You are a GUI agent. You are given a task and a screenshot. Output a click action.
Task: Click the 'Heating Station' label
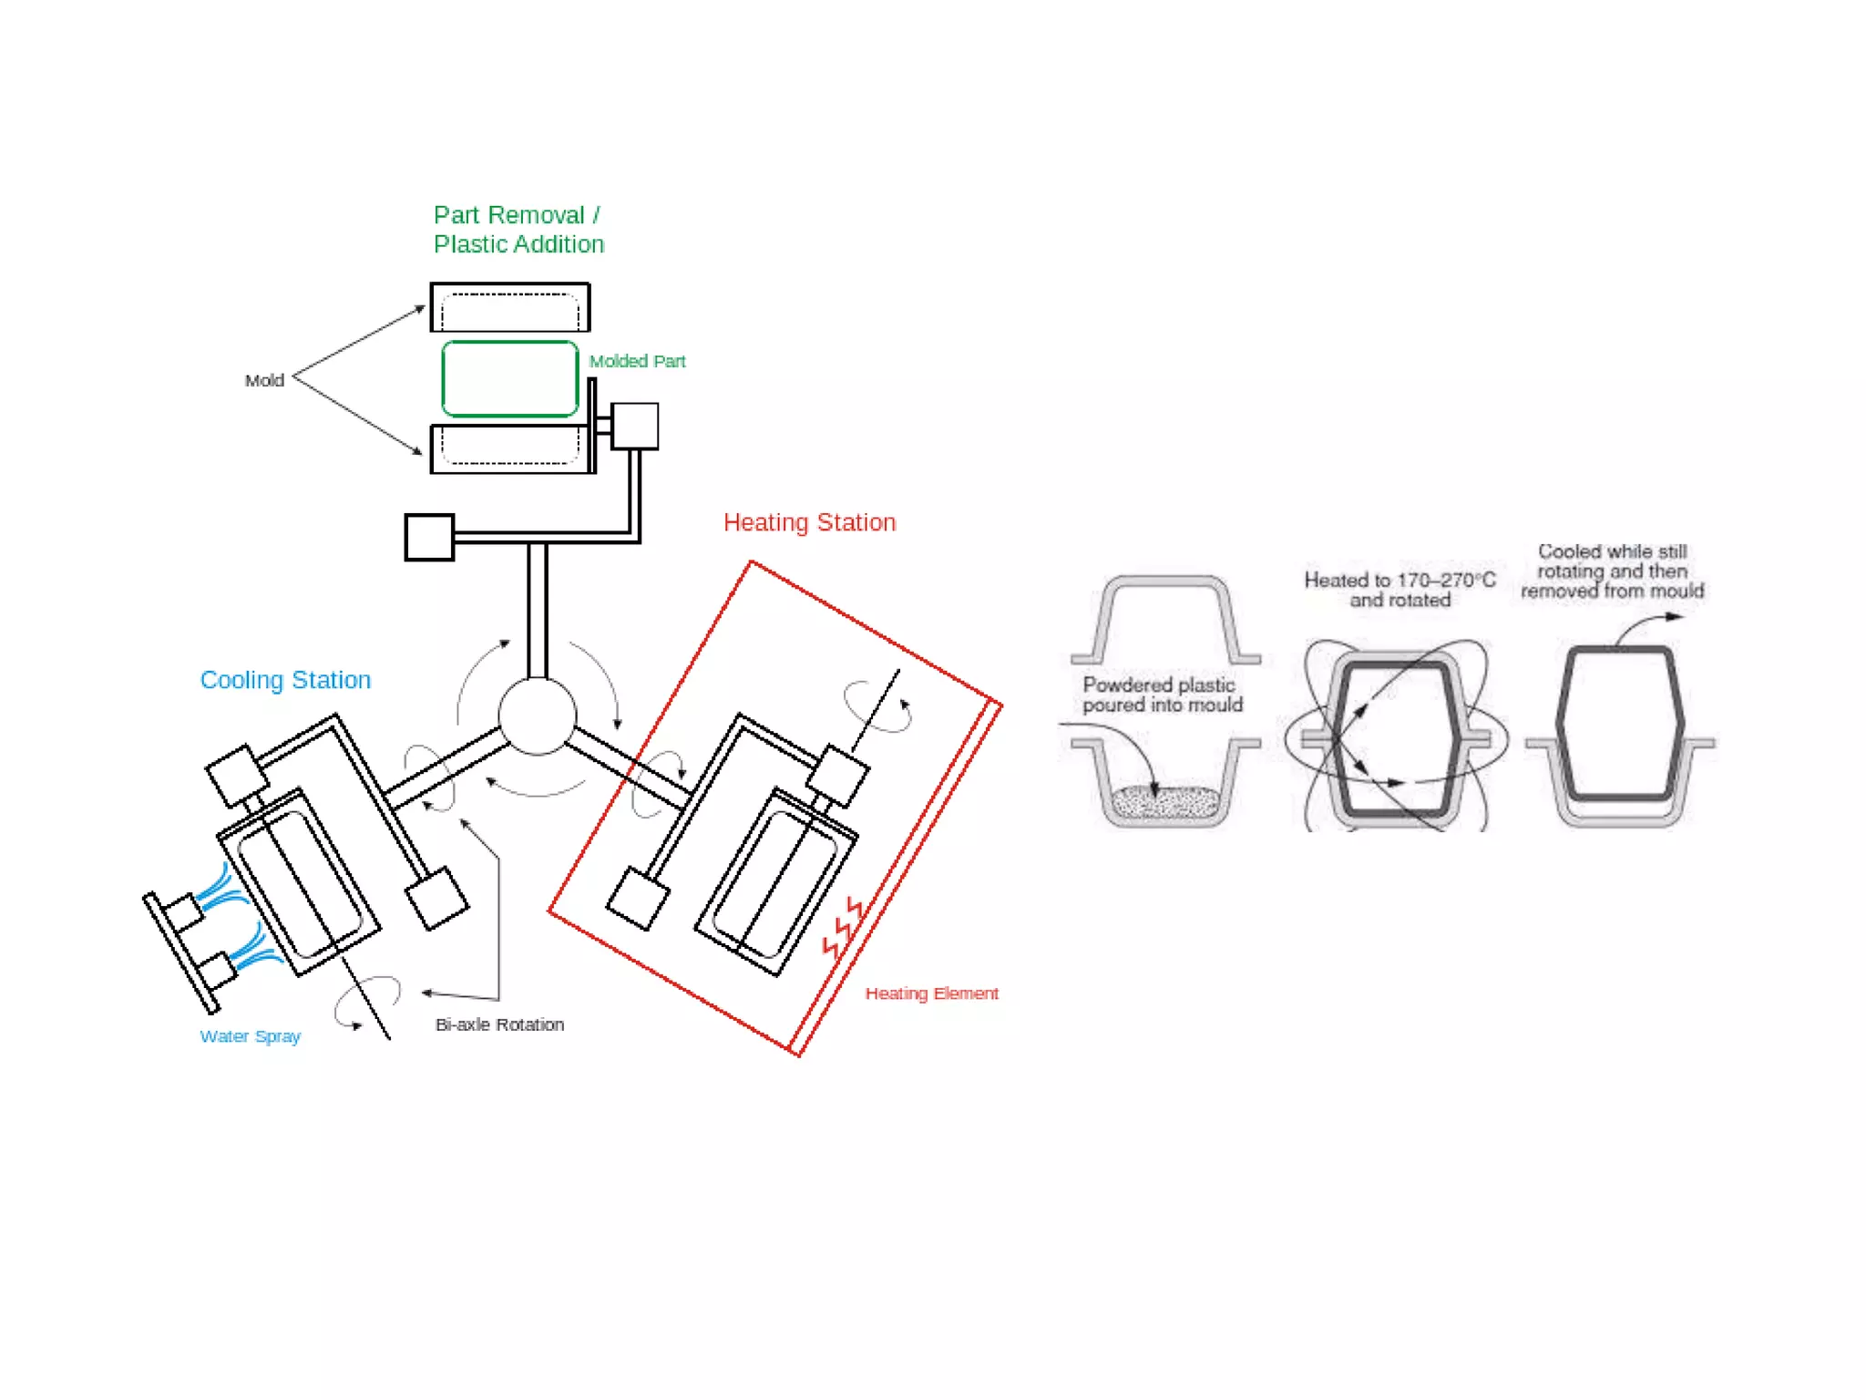pyautogui.click(x=809, y=522)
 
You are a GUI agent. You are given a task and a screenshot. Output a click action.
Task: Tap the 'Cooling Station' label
pyautogui.click(x=285, y=680)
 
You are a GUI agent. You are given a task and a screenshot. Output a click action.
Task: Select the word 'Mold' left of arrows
pyautogui.click(x=264, y=380)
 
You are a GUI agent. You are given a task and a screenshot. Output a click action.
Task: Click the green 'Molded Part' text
pyautogui.click(x=637, y=361)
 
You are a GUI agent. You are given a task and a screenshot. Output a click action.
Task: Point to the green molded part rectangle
pyautogui.click(x=510, y=379)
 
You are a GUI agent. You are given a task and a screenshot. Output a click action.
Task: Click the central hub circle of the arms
pyautogui.click(x=538, y=716)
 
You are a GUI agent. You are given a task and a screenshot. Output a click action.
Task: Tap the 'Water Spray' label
pyautogui.click(x=250, y=1036)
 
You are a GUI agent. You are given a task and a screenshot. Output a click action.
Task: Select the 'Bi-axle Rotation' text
pyautogui.click(x=499, y=1024)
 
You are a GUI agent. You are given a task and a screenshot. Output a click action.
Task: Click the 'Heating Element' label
pyautogui.click(x=931, y=993)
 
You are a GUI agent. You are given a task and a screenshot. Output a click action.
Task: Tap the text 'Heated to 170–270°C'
pyautogui.click(x=1399, y=580)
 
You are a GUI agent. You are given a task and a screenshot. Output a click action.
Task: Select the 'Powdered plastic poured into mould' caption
pyautogui.click(x=1162, y=695)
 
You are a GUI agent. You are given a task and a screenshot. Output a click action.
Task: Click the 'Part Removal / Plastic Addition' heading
pyautogui.click(x=518, y=230)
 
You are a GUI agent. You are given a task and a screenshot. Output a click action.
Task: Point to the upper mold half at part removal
pyautogui.click(x=510, y=308)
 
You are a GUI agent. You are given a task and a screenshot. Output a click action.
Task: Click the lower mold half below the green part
pyautogui.click(x=510, y=448)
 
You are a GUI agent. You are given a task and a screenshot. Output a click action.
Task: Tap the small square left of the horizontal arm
pyautogui.click(x=429, y=538)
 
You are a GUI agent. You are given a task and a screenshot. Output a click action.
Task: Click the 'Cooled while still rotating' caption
pyautogui.click(x=1612, y=571)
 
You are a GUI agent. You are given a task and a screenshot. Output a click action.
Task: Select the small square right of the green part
pyautogui.click(x=635, y=427)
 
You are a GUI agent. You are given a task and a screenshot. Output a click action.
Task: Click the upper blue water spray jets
pyautogui.click(x=220, y=888)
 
